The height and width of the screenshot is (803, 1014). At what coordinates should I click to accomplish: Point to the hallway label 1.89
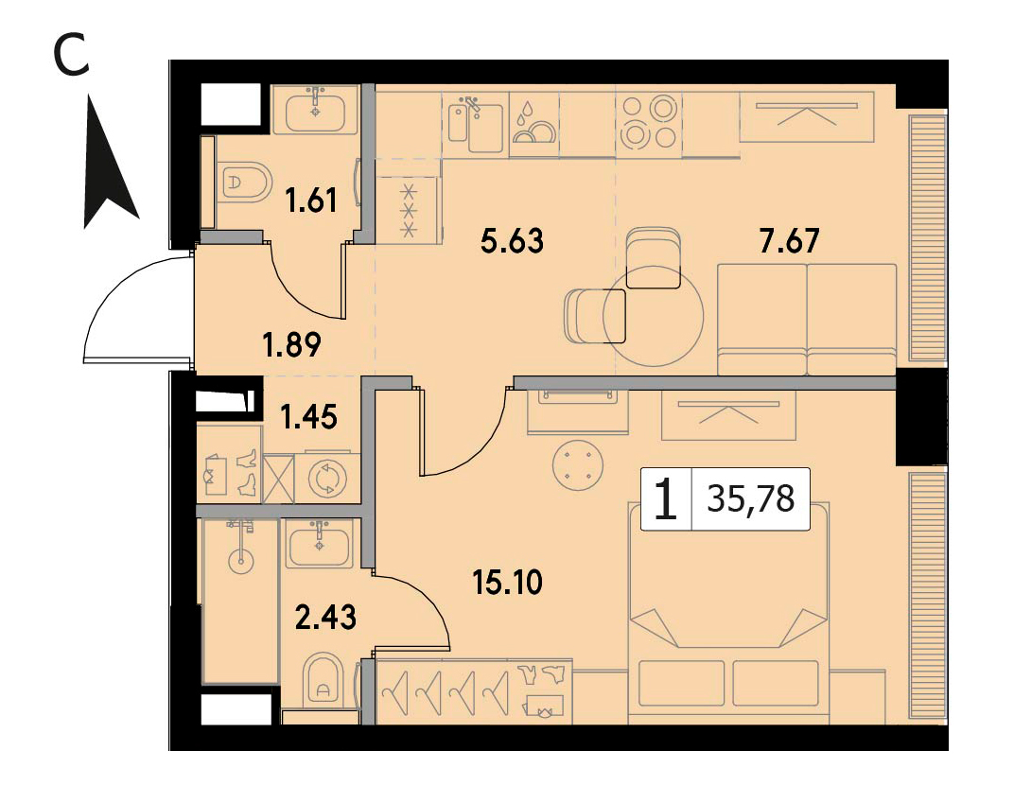[x=291, y=344]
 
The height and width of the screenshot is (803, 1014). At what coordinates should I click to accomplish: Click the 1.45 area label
[x=308, y=417]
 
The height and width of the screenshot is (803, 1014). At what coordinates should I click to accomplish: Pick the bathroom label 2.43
[x=325, y=618]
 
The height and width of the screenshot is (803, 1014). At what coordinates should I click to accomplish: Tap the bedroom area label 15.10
[x=508, y=583]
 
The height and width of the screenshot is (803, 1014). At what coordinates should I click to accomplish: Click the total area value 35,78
[x=751, y=499]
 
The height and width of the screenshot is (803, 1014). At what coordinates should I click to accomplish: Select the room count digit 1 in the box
[x=666, y=499]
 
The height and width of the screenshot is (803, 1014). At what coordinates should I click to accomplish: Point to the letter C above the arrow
[x=71, y=54]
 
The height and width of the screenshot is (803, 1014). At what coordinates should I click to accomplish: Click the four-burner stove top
[x=648, y=122]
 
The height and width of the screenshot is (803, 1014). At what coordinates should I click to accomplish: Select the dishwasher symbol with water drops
[x=533, y=124]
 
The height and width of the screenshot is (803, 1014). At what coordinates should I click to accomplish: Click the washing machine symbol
[x=328, y=480]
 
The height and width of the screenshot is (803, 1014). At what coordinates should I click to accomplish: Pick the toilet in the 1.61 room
[x=245, y=182]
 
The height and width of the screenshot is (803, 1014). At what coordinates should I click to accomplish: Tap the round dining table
[x=653, y=316]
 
